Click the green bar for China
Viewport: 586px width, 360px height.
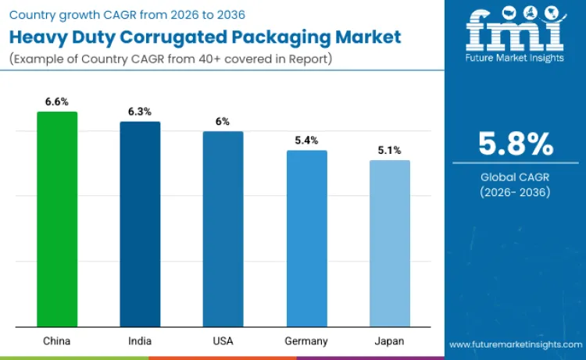(x=57, y=219)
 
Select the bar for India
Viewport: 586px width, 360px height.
(x=140, y=224)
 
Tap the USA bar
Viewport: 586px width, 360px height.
(x=223, y=229)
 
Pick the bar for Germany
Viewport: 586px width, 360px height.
(x=306, y=238)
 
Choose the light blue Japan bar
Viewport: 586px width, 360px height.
(x=389, y=243)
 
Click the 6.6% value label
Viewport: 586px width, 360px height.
(x=57, y=102)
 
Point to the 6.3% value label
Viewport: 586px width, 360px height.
(x=140, y=112)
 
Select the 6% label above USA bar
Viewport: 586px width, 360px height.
(x=223, y=122)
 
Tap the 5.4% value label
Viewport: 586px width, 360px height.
(x=306, y=141)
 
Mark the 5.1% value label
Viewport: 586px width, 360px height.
(x=389, y=151)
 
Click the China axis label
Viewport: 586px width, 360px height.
(x=57, y=341)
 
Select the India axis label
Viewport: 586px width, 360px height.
(x=140, y=341)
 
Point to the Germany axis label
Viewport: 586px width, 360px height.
(x=306, y=341)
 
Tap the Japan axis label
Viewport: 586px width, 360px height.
(x=389, y=341)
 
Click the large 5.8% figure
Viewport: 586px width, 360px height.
(x=516, y=145)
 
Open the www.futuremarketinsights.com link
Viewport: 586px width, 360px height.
(x=515, y=344)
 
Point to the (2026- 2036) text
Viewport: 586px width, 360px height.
(x=516, y=192)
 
